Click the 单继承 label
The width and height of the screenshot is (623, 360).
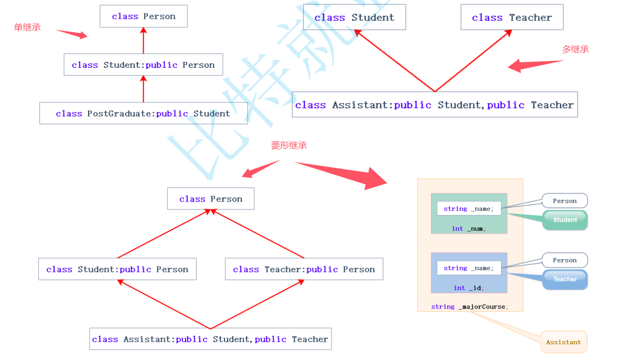(27, 27)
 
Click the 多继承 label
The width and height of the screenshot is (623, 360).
(575, 49)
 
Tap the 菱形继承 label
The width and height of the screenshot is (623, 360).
(288, 145)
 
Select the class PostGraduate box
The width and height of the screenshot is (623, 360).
(143, 113)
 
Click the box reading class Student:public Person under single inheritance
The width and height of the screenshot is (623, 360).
(143, 65)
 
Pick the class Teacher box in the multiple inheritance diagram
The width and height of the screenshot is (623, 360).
(512, 17)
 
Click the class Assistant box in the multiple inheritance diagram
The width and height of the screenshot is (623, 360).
(434, 104)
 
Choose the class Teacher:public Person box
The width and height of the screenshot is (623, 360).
(304, 269)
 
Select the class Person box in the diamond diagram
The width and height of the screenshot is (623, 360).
(211, 199)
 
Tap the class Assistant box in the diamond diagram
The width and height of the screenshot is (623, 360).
(210, 339)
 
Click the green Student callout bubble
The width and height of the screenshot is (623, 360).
(565, 220)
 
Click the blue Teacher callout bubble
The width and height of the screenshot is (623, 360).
(565, 279)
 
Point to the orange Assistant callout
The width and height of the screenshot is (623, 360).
(564, 342)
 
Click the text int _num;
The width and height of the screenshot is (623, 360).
(469, 228)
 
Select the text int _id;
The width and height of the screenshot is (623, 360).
(469, 288)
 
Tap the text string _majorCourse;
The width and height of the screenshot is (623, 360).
(470, 306)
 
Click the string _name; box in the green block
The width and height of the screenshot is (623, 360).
(469, 208)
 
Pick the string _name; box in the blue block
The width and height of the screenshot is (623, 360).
(469, 268)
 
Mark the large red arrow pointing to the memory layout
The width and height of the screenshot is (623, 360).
(346, 175)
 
